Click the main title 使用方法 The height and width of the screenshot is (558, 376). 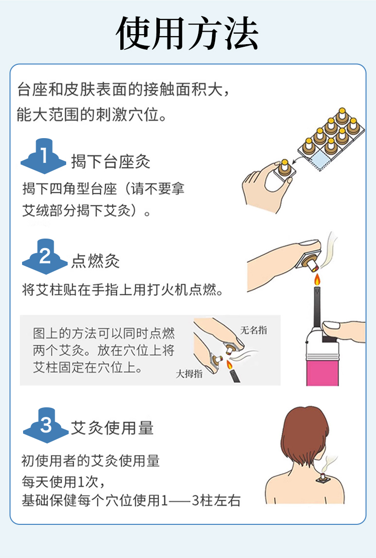click(x=187, y=33)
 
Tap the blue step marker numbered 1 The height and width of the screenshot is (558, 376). click(x=43, y=156)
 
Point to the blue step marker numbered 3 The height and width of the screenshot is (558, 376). click(x=46, y=425)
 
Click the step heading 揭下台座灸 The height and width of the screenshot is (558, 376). click(x=111, y=162)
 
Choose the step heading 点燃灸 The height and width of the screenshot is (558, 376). click(x=95, y=261)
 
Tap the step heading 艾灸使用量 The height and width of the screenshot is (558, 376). click(x=112, y=428)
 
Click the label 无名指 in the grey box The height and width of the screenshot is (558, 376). click(x=254, y=330)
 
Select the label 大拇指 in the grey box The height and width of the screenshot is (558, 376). click(x=189, y=374)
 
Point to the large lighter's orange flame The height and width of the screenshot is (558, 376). click(x=317, y=280)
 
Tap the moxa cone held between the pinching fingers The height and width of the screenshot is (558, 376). click(x=284, y=168)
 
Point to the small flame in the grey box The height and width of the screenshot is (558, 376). click(x=229, y=365)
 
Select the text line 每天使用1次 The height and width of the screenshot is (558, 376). click(x=63, y=482)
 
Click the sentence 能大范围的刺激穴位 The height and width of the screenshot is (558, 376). click(x=92, y=115)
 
